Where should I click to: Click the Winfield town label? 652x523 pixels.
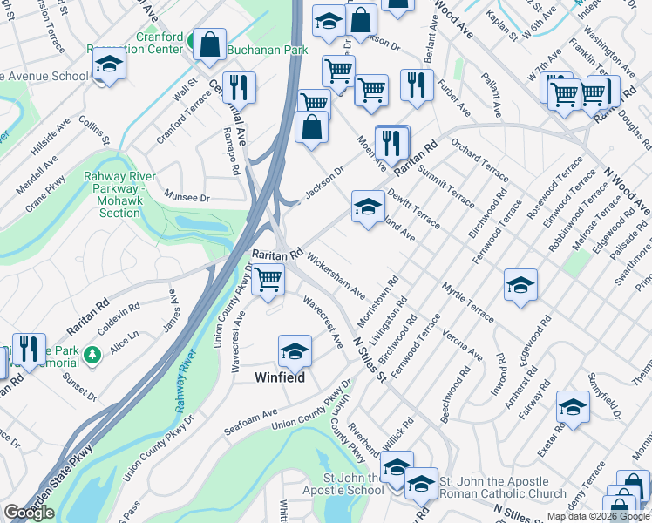[x=280, y=377]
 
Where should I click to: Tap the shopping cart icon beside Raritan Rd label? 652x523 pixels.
[x=268, y=279]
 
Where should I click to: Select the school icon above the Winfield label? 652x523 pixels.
[x=295, y=350]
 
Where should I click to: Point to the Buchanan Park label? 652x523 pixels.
[x=268, y=50]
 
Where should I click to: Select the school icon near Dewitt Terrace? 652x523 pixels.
[x=368, y=207]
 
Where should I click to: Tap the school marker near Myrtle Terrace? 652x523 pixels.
[x=520, y=285]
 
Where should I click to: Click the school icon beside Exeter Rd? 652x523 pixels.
[x=573, y=407]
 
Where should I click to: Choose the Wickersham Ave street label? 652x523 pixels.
[x=336, y=278]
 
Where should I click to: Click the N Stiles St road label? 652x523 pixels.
[x=369, y=358]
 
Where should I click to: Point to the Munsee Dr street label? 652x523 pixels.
[x=188, y=199]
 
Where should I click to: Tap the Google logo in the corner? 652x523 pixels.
[x=29, y=513]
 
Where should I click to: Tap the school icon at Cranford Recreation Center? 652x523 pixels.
[x=110, y=65]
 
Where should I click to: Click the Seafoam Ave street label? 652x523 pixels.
[x=250, y=419]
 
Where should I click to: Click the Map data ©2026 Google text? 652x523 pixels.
[x=598, y=516]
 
